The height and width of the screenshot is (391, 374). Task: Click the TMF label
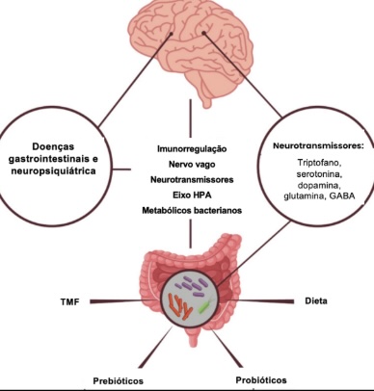pos(69,301)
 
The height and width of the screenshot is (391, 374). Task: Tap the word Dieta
pos(316,301)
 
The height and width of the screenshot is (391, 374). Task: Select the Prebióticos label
pos(119,381)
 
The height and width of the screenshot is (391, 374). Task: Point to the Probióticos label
pos(261,380)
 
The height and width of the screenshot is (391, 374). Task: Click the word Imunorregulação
pos(192,149)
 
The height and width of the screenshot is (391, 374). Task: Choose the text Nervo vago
pos(192,165)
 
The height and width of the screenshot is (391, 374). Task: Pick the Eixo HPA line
pos(192,195)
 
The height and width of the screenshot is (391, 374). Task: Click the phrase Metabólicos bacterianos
pos(192,211)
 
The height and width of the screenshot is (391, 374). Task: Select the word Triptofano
pos(318,163)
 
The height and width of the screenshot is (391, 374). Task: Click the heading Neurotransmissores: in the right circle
pos(318,146)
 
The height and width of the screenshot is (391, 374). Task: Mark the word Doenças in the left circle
pos(53,146)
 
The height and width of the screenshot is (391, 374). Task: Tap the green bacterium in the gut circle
pos(205,305)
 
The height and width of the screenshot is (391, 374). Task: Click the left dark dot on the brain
pos(172,34)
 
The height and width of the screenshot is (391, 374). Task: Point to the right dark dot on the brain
pos(203,33)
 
